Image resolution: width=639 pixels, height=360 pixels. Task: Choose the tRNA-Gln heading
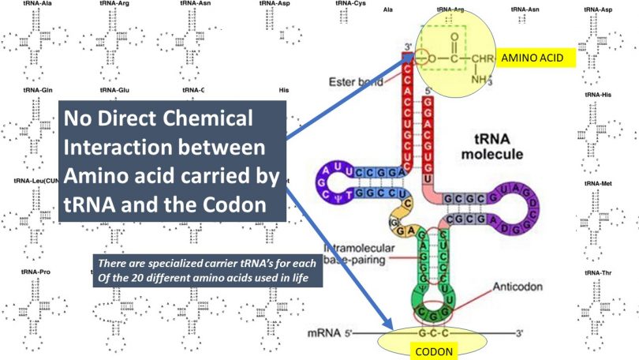[x=36, y=91]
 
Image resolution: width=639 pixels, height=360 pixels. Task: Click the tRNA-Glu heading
[x=113, y=91]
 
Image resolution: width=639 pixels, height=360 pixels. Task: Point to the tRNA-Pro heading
[x=36, y=272]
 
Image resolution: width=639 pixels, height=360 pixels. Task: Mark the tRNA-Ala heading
[x=36, y=4]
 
